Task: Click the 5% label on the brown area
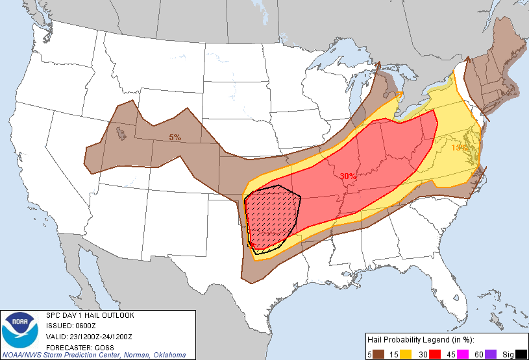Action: tap(175, 137)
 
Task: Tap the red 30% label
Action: tap(347, 176)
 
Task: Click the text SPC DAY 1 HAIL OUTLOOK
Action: tap(90, 316)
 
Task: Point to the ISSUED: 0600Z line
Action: tap(72, 326)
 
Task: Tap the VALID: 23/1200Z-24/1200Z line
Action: tap(89, 336)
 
